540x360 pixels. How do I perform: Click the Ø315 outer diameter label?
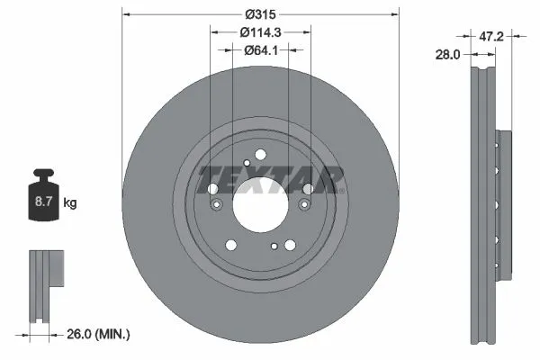pyautogui.click(x=260, y=13)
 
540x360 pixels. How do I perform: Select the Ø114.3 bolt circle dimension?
pyautogui.click(x=260, y=32)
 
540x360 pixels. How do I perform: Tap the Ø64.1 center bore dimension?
pyautogui.click(x=260, y=50)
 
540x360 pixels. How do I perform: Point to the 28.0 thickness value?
pyautogui.click(x=446, y=55)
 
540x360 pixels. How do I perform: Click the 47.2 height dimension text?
pyautogui.click(x=490, y=38)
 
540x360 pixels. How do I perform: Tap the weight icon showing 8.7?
pyautogui.click(x=42, y=200)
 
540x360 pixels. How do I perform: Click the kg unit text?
pyautogui.click(x=70, y=203)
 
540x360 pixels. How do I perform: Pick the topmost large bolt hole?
pyautogui.click(x=260, y=156)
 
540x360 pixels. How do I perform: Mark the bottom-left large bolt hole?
pyautogui.click(x=231, y=244)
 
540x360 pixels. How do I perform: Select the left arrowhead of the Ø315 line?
pyautogui.click(x=124, y=14)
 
